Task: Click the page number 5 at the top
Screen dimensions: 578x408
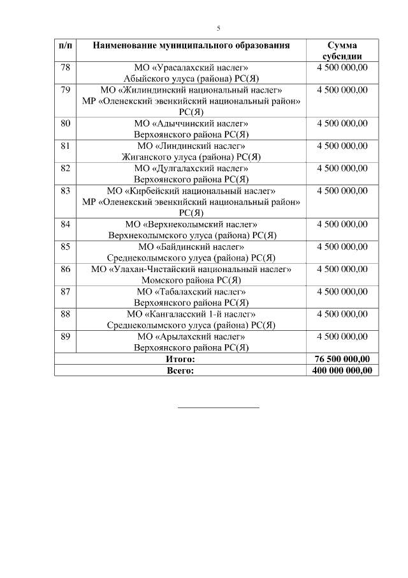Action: (x=218, y=29)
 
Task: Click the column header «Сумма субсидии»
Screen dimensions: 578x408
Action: (x=342, y=50)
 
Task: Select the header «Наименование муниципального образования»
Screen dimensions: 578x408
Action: (x=191, y=45)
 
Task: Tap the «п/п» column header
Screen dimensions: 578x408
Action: (x=65, y=45)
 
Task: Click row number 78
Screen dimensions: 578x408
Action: (x=65, y=68)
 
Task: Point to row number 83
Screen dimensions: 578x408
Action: (x=65, y=190)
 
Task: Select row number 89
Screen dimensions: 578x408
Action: (x=65, y=336)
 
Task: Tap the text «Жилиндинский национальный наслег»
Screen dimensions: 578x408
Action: (x=198, y=90)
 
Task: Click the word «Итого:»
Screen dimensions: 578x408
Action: (x=180, y=359)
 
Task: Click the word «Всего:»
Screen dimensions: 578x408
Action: (x=180, y=370)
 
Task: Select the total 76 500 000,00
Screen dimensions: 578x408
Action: (x=342, y=359)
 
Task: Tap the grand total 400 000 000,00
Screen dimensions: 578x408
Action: (x=342, y=370)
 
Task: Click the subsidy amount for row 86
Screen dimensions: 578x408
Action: (x=342, y=269)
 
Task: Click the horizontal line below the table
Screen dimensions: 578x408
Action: (x=218, y=407)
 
